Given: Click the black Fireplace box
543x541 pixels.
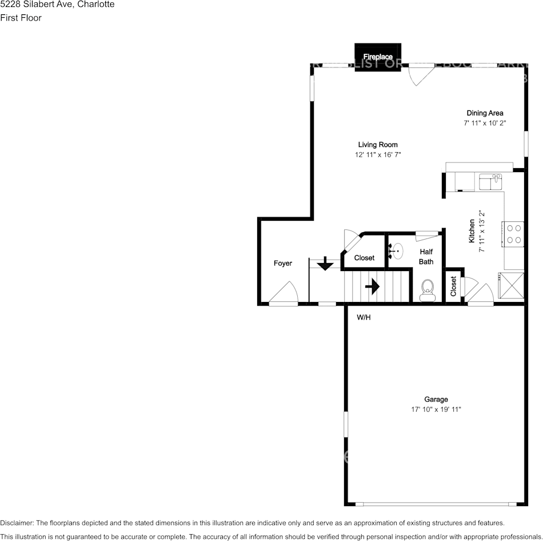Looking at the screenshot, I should click(378, 57).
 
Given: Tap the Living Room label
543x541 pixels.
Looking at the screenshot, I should click(378, 145).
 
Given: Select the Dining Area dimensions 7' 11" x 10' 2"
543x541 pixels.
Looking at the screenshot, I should click(485, 123).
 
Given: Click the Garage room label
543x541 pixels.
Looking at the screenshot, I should click(436, 399).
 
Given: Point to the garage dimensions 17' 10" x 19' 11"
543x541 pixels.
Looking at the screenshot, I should click(436, 409).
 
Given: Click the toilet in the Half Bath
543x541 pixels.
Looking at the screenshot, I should click(427, 291).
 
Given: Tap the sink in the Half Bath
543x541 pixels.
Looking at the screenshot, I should click(396, 250).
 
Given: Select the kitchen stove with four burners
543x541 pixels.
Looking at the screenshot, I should click(514, 233).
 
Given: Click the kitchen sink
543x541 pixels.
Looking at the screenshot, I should click(490, 182).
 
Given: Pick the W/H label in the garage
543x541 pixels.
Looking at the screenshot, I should click(364, 317).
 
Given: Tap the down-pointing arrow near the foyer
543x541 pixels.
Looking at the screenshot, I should click(325, 264).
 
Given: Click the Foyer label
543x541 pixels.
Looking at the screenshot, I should click(282, 264).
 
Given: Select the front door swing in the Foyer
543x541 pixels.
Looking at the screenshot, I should click(286, 295).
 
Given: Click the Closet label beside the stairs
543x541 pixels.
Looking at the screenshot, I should click(364, 258).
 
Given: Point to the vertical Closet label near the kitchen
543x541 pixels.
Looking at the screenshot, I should click(453, 286).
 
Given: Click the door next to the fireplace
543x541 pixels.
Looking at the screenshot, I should click(421, 74).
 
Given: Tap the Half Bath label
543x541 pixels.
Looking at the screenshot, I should click(426, 257).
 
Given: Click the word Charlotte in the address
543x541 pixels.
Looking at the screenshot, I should click(95, 5).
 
